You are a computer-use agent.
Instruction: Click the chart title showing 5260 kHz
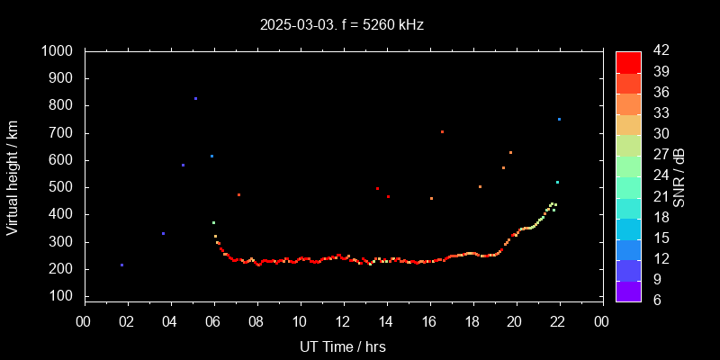342,25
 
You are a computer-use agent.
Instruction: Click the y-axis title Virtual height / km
13,176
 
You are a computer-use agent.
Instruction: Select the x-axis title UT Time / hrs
342,346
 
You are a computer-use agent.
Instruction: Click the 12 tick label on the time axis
343,321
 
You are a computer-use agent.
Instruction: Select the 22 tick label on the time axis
559,321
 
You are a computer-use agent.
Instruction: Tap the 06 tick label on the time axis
213,321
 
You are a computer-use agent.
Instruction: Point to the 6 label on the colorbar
654,300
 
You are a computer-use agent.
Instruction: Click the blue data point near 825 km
195,98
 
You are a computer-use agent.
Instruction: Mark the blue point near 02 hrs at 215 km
121,265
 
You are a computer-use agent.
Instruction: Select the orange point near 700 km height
442,131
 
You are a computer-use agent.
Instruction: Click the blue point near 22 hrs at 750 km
559,119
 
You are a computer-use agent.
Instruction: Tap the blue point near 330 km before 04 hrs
163,233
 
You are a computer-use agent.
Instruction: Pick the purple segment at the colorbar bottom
628,291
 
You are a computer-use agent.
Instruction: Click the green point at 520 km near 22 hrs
557,182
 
